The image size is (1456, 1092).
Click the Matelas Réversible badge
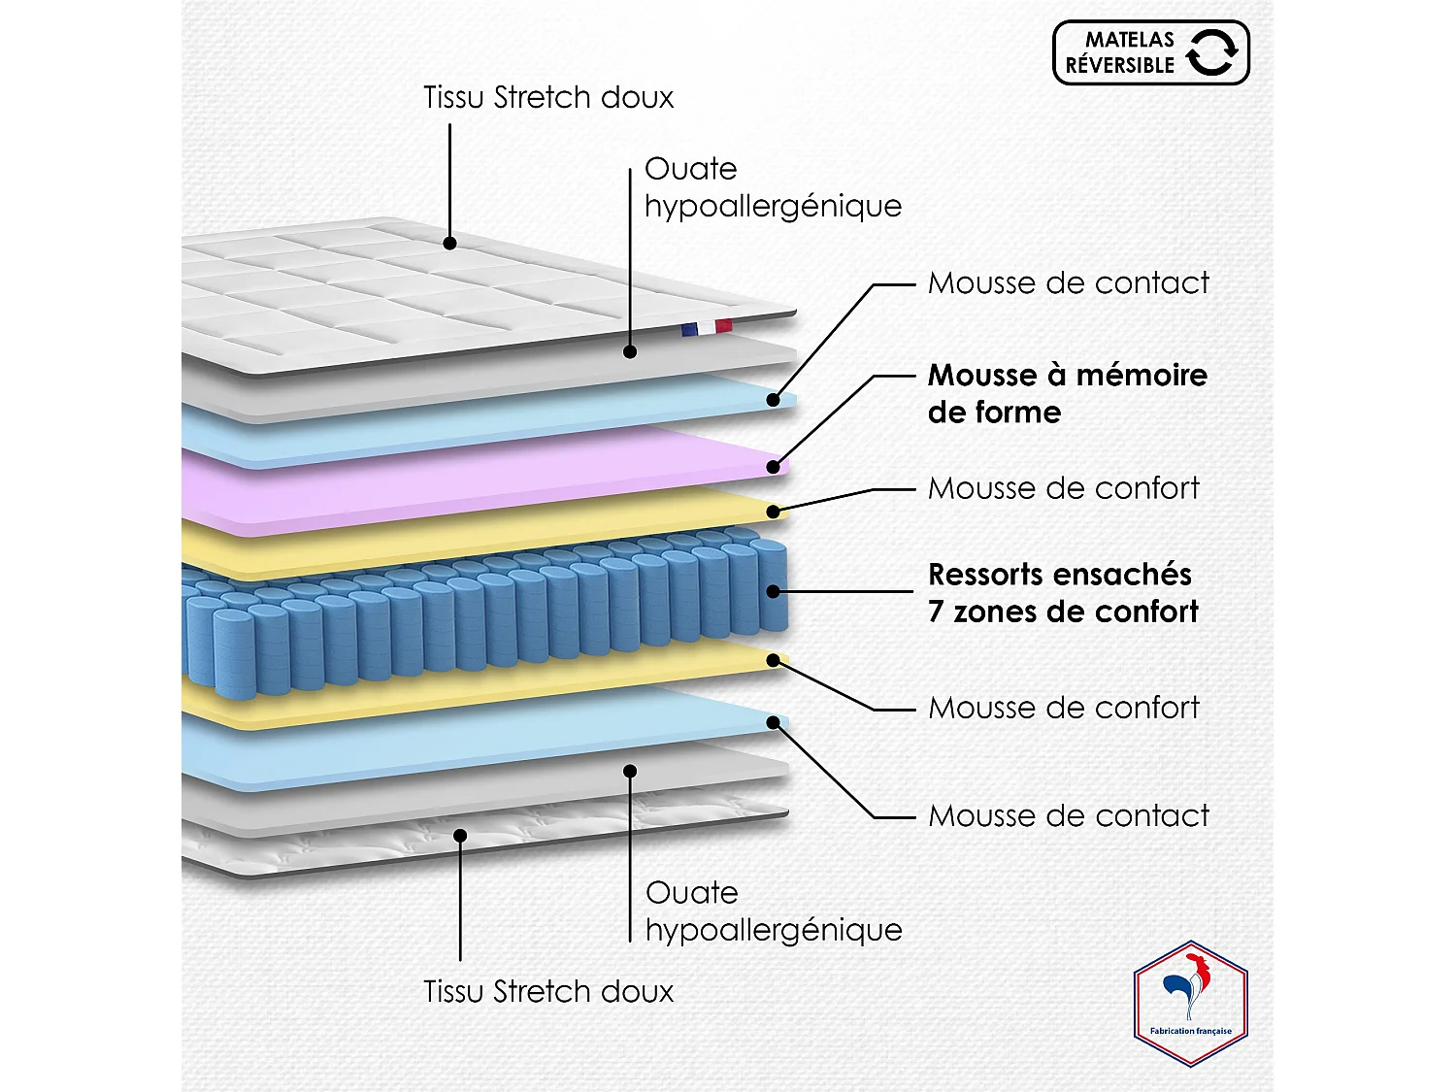click(x=1150, y=52)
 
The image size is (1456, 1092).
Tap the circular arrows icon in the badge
click(x=1211, y=51)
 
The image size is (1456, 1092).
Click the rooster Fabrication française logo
click(x=1190, y=1004)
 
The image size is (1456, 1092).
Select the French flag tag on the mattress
click(x=707, y=328)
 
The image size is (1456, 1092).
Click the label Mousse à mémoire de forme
click(x=1067, y=393)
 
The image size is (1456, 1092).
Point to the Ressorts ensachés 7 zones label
click(x=1063, y=592)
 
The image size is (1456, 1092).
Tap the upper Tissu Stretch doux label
click(x=548, y=97)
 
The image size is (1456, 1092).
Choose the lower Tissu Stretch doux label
click(x=548, y=991)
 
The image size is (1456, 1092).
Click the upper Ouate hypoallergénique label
click(x=773, y=186)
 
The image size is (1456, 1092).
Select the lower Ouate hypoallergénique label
click(x=774, y=910)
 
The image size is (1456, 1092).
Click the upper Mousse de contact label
click(x=1068, y=282)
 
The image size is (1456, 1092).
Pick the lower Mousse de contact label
click(x=1068, y=815)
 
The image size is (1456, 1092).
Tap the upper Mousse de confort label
click(x=1063, y=487)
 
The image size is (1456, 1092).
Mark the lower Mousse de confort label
click(x=1063, y=707)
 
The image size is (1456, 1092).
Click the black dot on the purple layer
click(x=774, y=467)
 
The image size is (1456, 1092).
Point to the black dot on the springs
click(x=774, y=591)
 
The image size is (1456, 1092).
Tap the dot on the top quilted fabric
click(x=450, y=243)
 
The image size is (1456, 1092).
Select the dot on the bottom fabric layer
click(x=461, y=835)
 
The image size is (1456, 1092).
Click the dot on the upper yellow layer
click(x=774, y=512)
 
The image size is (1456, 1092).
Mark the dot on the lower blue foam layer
click(x=774, y=722)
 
